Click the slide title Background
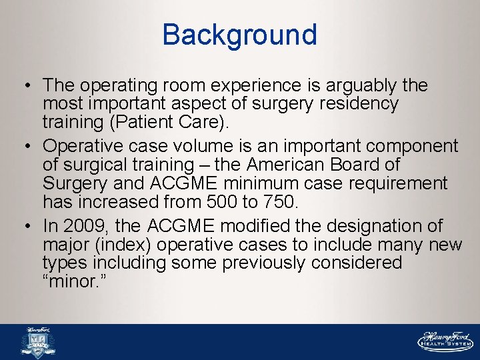click(x=239, y=35)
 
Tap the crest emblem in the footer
click(x=39, y=343)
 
